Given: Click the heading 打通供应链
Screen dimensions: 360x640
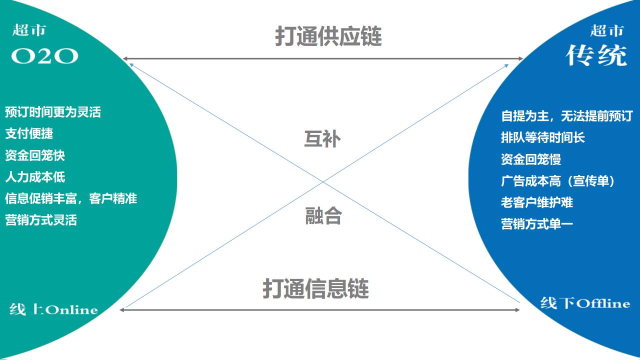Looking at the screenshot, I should [328, 36].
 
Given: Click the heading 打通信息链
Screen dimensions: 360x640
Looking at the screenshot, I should [315, 288].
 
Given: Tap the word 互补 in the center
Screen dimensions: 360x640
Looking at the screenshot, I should [322, 138].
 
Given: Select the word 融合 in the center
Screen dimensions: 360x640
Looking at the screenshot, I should [323, 216].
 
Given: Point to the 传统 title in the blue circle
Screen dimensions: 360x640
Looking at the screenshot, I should [596, 55].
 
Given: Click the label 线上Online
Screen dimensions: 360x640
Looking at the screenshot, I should [53, 309].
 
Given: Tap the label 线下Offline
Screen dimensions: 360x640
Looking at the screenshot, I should [585, 303].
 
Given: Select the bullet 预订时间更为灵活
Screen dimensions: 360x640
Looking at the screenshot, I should [53, 112].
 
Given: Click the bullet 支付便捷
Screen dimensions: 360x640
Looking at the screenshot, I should [29, 133].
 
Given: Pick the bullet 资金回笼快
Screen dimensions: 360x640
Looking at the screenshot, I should [35, 155].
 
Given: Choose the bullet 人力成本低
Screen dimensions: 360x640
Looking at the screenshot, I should [35, 177].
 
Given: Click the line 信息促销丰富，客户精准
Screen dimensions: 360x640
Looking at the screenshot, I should [71, 198].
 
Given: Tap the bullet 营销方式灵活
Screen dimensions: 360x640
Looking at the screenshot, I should [41, 220].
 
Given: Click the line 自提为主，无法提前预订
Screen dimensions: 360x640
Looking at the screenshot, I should [566, 116].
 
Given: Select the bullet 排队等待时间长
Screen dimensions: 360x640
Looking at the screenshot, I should [543, 137].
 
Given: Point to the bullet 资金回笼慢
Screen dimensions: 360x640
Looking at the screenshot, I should [531, 159].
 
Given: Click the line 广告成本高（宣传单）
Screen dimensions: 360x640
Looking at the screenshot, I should [558, 181].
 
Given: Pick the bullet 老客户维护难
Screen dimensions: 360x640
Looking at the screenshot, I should [537, 202].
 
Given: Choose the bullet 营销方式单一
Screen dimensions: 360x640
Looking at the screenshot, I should [537, 224].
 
